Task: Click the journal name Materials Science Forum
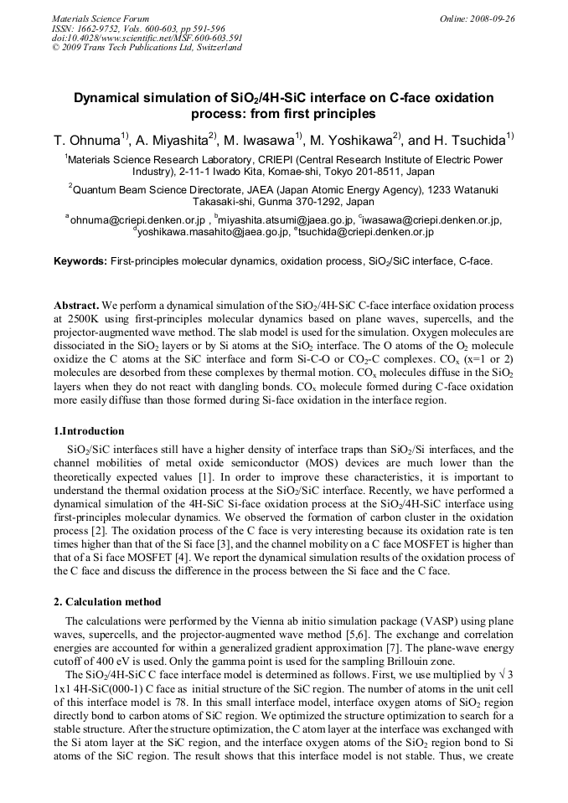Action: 101,18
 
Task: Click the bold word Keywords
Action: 80,261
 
